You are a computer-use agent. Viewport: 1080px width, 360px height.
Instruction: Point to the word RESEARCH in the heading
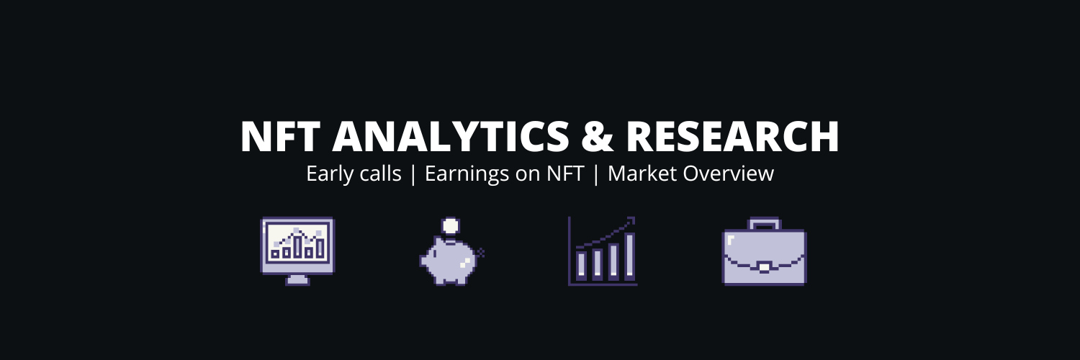[x=732, y=137]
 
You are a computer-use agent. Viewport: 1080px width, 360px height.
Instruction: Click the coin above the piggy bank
[x=450, y=225]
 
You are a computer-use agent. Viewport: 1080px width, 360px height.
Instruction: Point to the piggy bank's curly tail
[x=481, y=252]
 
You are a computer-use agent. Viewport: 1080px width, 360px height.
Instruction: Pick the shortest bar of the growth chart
[x=579, y=264]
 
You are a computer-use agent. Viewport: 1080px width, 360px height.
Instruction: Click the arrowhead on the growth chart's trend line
[x=631, y=220]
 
